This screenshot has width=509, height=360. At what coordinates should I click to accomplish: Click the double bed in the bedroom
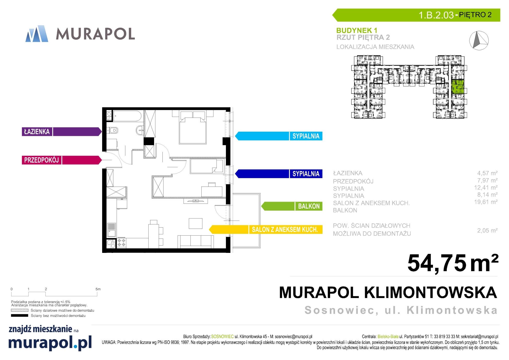[x=193, y=127]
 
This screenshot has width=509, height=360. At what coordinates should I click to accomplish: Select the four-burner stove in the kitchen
[x=121, y=243]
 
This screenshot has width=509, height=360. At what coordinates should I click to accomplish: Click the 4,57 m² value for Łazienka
[x=487, y=173]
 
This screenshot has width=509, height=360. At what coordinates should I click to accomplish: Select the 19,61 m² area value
[x=486, y=202]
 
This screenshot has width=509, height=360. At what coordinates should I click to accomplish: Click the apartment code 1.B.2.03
[x=436, y=15]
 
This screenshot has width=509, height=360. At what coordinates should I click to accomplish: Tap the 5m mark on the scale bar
[x=98, y=289]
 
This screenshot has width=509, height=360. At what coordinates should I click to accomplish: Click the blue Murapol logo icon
[x=37, y=34]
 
